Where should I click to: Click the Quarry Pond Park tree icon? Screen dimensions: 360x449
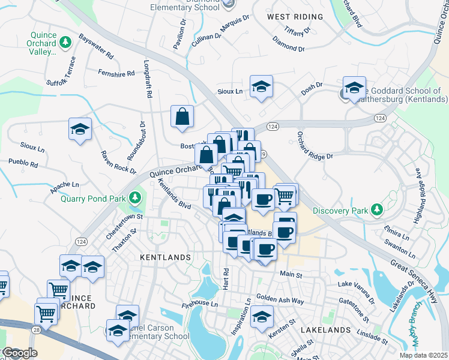136,197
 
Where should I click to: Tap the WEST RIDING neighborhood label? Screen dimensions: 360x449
292,17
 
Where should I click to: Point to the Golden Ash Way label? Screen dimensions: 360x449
280,298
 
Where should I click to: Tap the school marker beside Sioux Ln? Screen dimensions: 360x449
261,86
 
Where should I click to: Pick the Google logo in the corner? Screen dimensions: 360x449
19,353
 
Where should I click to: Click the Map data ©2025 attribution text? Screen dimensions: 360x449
423,355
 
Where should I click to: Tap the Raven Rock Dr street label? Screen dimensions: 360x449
117,162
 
